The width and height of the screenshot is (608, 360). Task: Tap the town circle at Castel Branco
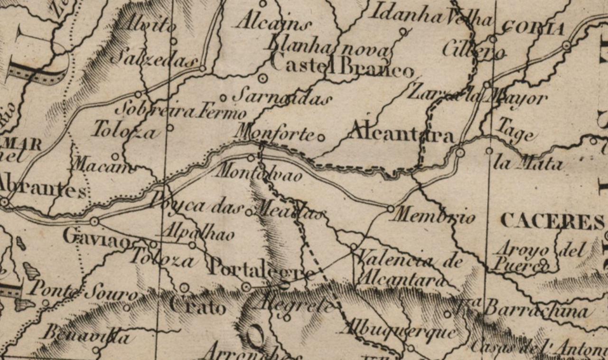pos(263,78)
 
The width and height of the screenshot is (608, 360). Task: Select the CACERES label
pos(552,221)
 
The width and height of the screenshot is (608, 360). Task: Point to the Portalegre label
pos(261,269)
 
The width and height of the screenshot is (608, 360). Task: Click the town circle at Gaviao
pos(94,221)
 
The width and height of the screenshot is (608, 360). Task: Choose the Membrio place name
pos(434,217)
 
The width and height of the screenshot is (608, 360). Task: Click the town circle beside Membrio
pos(390,208)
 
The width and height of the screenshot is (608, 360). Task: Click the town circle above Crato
pos(184,288)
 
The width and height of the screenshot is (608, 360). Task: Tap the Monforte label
pos(274,133)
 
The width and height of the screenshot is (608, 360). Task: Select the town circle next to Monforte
pos(321,138)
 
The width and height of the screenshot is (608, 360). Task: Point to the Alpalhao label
pos(198,233)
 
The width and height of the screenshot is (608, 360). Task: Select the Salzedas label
pos(154,59)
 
